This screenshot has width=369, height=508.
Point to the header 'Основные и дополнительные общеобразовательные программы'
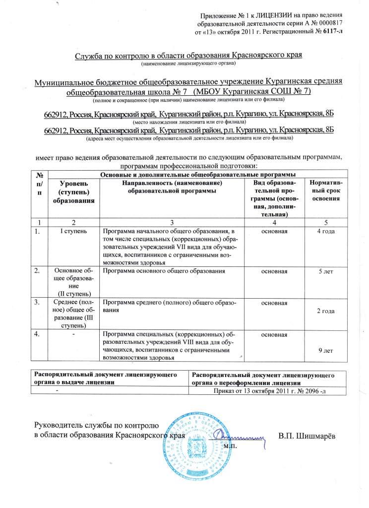point(198,174)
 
